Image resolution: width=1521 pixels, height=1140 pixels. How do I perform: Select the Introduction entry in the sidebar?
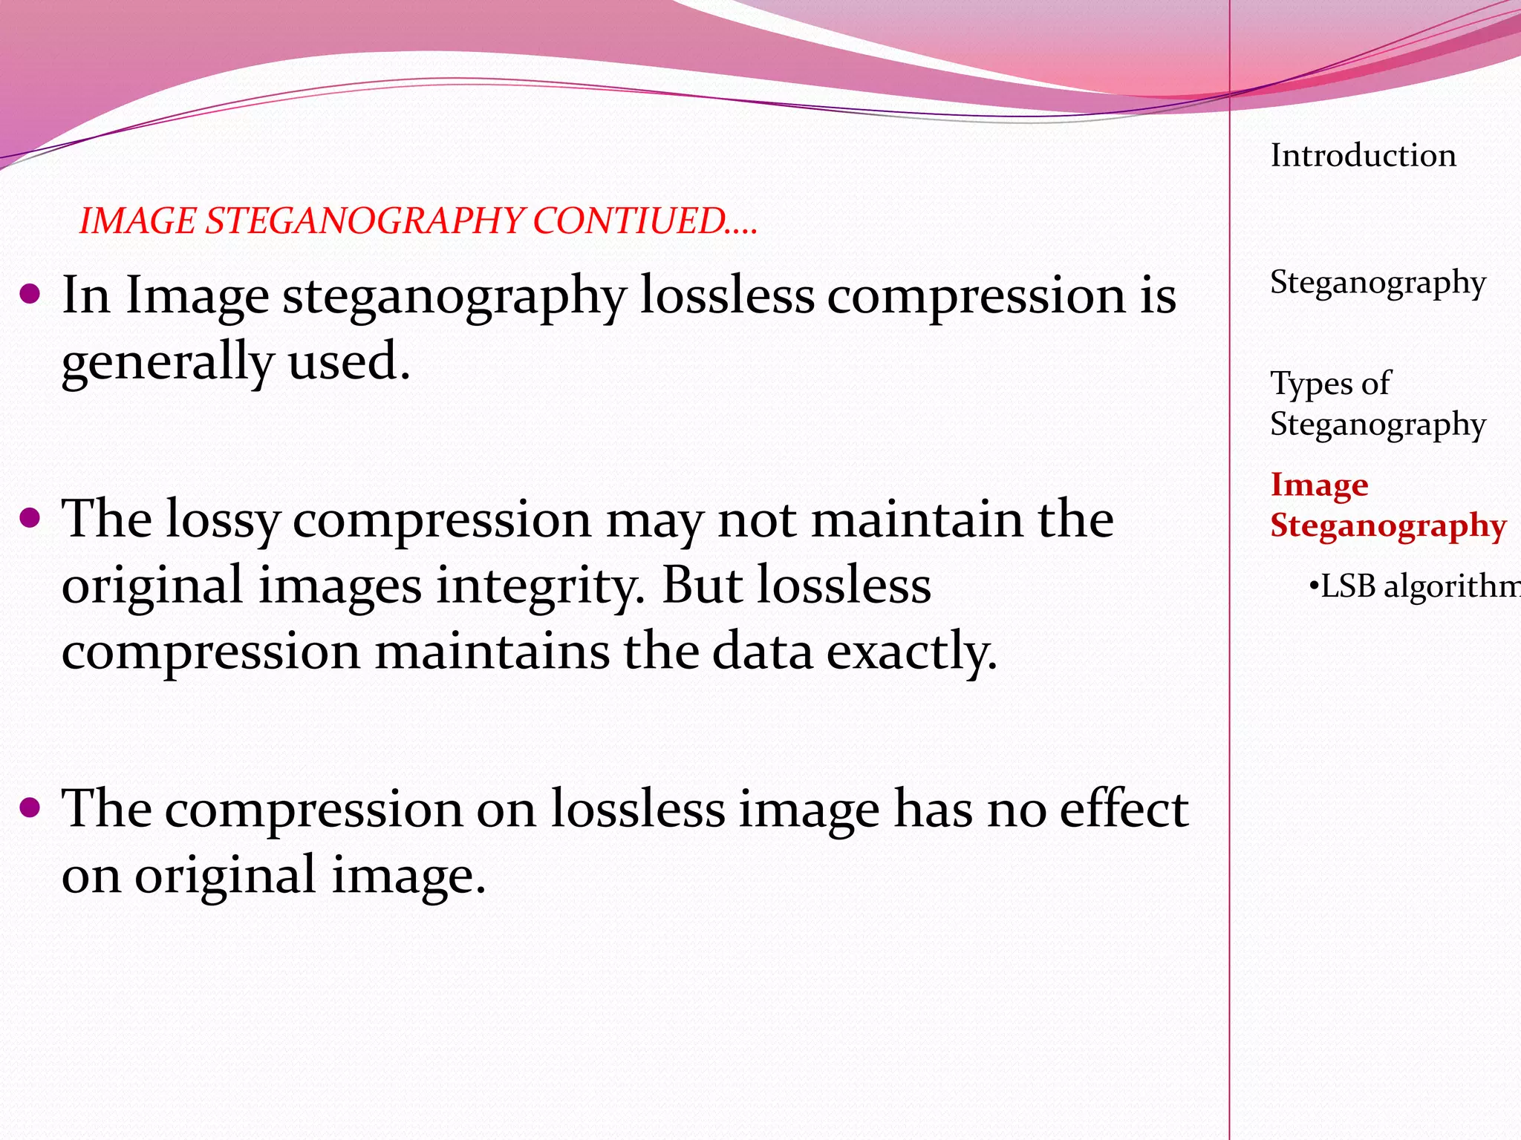click(x=1363, y=156)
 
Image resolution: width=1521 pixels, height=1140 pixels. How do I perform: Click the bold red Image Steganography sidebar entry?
click(x=1387, y=505)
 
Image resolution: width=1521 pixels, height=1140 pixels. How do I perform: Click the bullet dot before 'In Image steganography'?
click(x=30, y=295)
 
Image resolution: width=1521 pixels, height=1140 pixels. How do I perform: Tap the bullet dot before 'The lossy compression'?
click(x=30, y=518)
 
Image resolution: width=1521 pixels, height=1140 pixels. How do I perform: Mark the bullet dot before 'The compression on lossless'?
click(x=30, y=807)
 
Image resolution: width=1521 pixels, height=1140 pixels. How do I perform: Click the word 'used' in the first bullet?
click(x=348, y=362)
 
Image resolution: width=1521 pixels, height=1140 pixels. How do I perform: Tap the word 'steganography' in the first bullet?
click(x=455, y=297)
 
